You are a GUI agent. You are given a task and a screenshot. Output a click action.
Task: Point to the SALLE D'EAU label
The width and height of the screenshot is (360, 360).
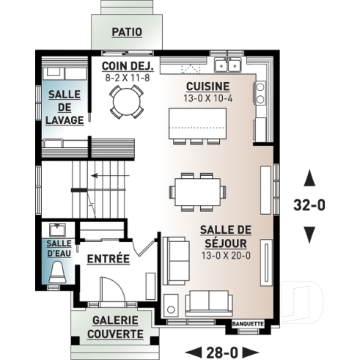[x=59, y=248]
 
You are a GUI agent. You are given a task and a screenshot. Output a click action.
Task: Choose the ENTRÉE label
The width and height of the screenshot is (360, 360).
[x=108, y=259]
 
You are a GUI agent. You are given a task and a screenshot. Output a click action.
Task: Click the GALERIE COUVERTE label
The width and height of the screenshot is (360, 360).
[x=117, y=327]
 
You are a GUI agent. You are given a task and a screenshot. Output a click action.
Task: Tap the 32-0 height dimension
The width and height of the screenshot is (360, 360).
[x=309, y=205]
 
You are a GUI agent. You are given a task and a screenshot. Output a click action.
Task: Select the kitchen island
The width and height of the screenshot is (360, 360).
[x=194, y=120]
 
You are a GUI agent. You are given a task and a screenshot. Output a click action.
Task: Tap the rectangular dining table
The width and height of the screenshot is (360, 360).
[x=197, y=192]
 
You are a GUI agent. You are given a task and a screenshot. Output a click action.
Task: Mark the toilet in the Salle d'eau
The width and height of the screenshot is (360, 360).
[x=59, y=273]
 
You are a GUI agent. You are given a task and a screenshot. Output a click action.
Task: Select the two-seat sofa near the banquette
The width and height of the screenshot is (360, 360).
[x=209, y=302]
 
